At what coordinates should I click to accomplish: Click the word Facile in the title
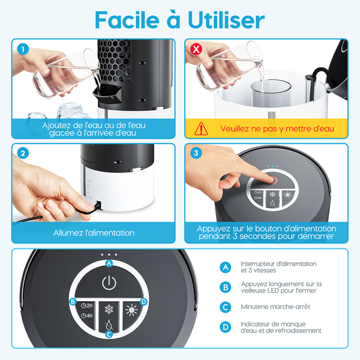tap(127, 20)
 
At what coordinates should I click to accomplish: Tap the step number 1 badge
tap(23, 49)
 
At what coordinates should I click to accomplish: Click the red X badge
tap(196, 49)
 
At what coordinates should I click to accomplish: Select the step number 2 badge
tap(23, 153)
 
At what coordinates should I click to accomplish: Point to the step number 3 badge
tap(196, 153)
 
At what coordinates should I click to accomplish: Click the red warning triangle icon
tap(201, 128)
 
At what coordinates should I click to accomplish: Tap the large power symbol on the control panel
tap(109, 283)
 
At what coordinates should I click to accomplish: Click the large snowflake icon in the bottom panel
tap(109, 309)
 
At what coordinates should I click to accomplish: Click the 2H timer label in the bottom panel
tap(87, 305)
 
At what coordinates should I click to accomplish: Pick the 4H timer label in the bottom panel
tap(87, 316)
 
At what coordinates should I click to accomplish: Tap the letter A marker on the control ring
tap(109, 263)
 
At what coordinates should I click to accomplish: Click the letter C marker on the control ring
tap(109, 334)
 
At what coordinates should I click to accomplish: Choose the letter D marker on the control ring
tap(144, 301)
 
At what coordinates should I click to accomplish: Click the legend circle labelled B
tap(226, 287)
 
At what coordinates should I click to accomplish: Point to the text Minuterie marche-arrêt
tap(275, 307)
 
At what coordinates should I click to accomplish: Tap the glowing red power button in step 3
tap(274, 180)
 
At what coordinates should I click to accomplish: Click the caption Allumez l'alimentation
tap(94, 233)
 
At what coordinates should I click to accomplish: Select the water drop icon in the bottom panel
tap(109, 325)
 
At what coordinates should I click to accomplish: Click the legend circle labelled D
tap(226, 327)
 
